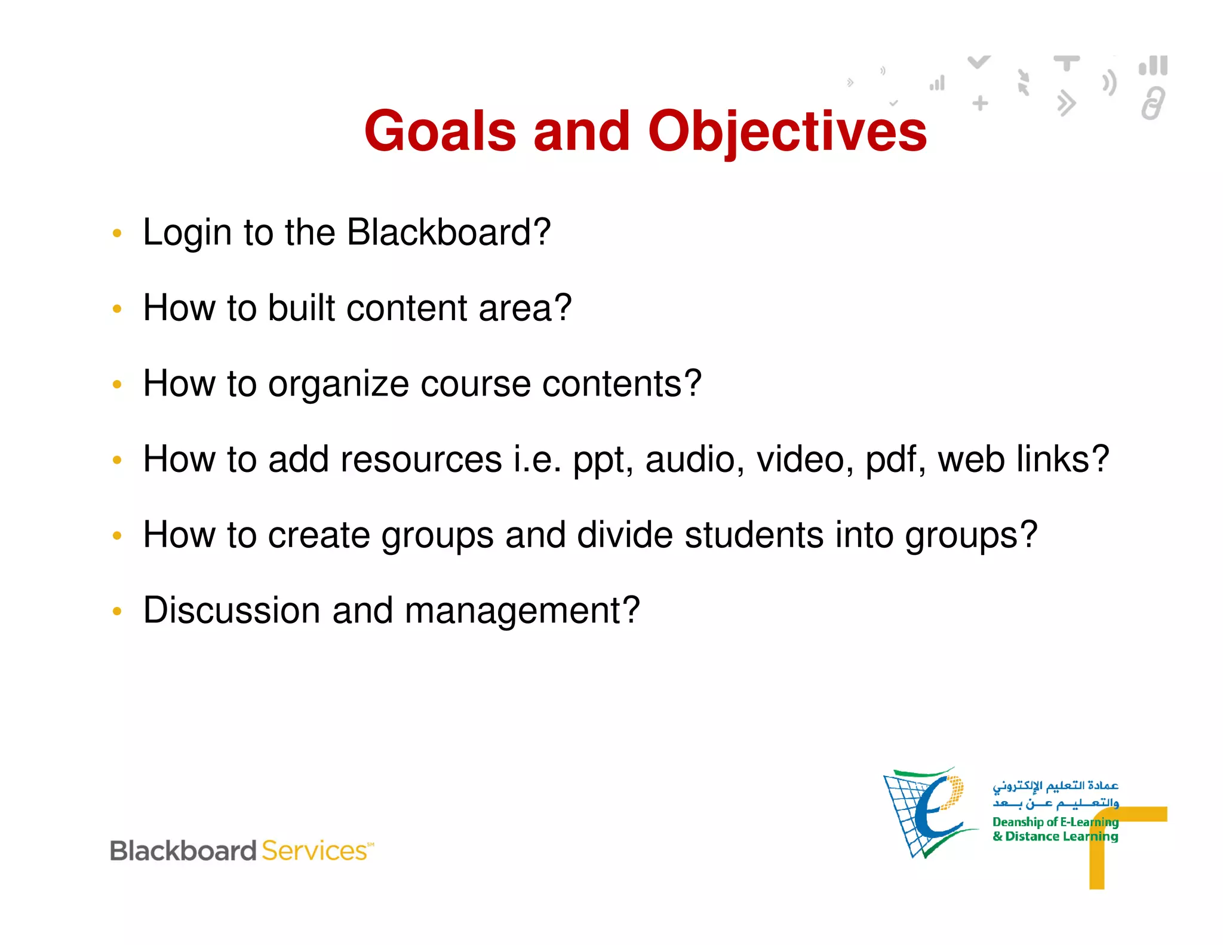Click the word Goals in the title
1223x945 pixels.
[x=440, y=131]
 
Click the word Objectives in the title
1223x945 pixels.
[x=787, y=133]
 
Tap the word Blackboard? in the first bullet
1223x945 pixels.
[x=448, y=232]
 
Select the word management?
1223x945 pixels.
[x=522, y=611]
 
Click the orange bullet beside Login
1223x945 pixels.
[x=117, y=233]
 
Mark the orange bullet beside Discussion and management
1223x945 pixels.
[x=117, y=611]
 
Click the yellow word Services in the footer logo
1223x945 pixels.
[x=315, y=851]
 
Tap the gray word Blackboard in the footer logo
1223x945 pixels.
[x=183, y=851]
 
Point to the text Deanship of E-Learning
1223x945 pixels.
[x=1055, y=822]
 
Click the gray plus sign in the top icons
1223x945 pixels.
[x=980, y=103]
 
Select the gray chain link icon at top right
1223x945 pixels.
[x=1153, y=104]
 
